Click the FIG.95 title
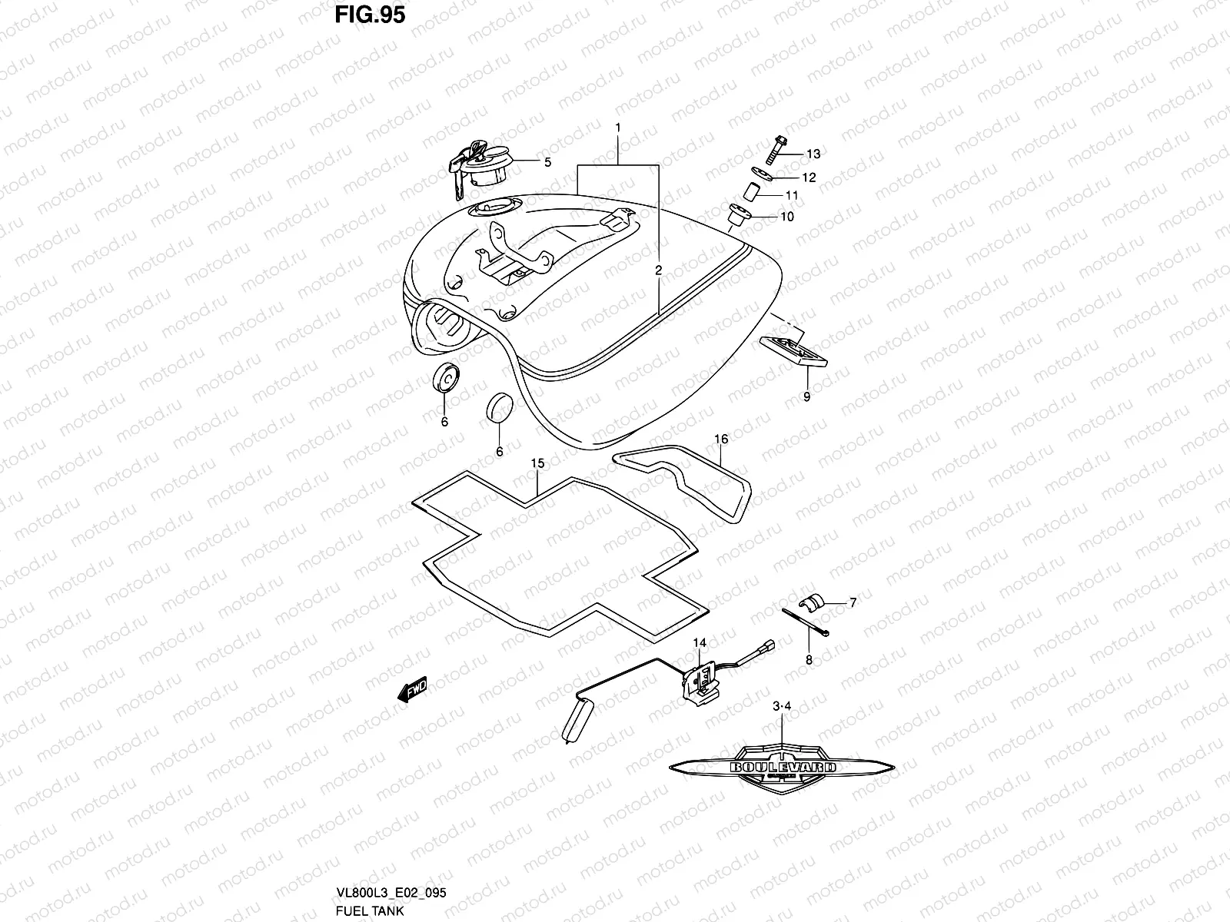coord(370,15)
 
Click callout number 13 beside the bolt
coord(813,154)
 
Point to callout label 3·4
coord(782,705)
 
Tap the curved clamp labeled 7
coord(813,602)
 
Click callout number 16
coord(720,439)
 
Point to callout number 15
coord(537,463)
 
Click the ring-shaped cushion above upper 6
coord(445,378)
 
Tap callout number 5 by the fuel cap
coord(547,162)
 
